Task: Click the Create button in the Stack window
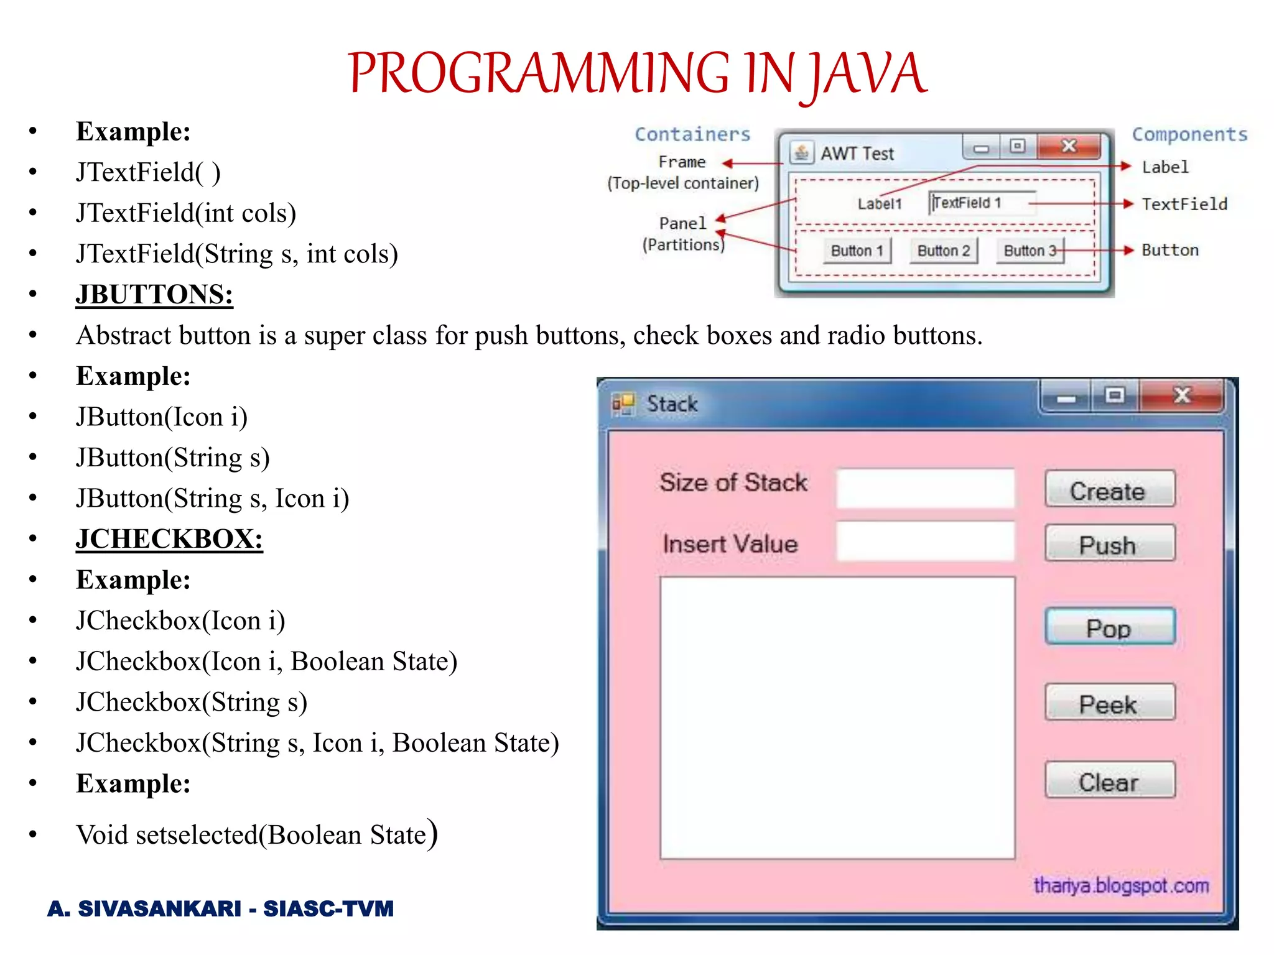(x=1109, y=489)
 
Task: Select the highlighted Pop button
(x=1110, y=627)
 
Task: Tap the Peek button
(x=1110, y=703)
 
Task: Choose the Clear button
(x=1110, y=780)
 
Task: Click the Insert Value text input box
(x=925, y=542)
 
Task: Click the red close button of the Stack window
(x=1182, y=395)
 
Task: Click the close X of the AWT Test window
(x=1069, y=146)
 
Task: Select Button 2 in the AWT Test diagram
(x=943, y=251)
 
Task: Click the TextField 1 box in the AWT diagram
(x=982, y=203)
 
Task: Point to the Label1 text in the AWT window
(x=879, y=204)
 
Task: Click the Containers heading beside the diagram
(x=692, y=134)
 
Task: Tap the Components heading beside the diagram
(x=1189, y=134)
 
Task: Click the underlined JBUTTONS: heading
(x=154, y=294)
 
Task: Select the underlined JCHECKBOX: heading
(x=169, y=538)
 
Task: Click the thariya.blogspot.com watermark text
(x=1121, y=885)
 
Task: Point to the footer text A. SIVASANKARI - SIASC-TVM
(x=221, y=908)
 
